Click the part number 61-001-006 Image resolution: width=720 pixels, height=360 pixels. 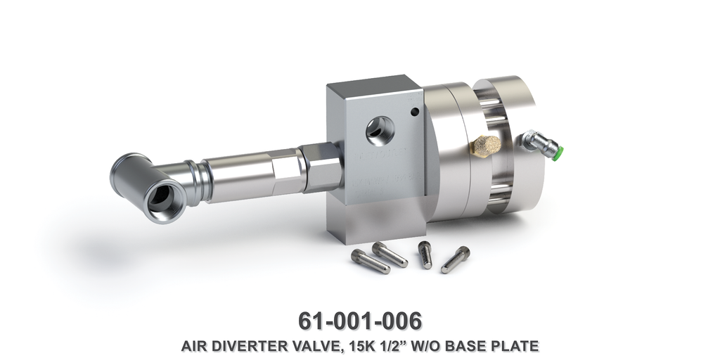coord(360,320)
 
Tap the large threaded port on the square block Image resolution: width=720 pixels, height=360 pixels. coord(381,129)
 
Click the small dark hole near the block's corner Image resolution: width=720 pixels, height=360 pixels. coord(415,112)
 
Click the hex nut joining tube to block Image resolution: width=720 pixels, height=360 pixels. coord(314,165)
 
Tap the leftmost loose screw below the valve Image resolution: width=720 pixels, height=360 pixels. coord(370,262)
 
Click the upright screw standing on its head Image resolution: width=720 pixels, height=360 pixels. coord(425,255)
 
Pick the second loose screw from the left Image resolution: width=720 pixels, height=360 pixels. coord(390,254)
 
